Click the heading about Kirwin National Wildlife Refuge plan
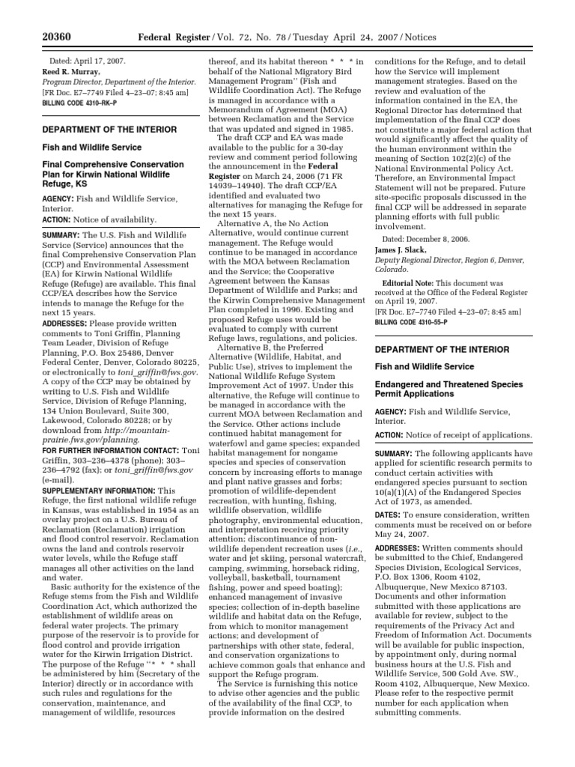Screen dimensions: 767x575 (x=112, y=174)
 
